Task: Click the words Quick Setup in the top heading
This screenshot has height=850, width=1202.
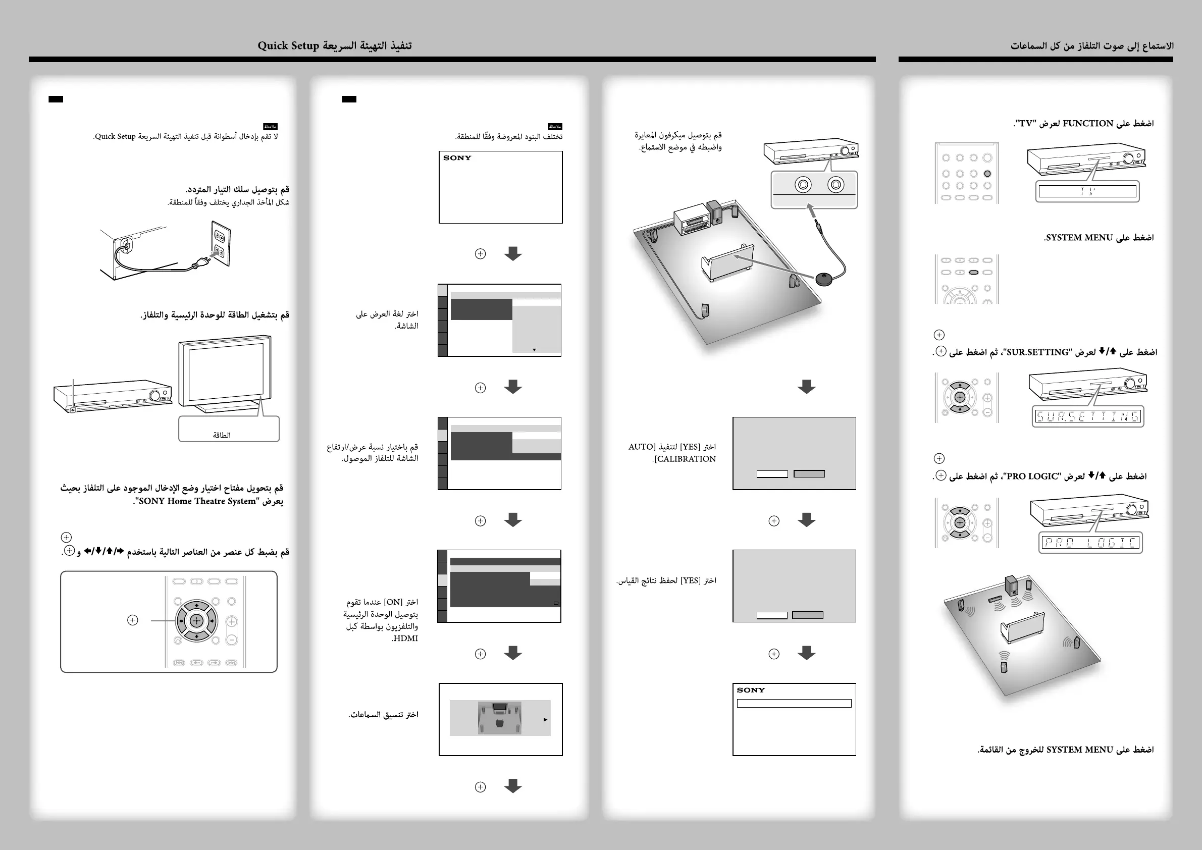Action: pyautogui.click(x=288, y=45)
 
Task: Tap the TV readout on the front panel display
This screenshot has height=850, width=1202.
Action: pyautogui.click(x=1087, y=192)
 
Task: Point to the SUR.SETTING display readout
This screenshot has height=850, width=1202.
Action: pyautogui.click(x=1087, y=416)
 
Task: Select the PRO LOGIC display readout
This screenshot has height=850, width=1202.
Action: pyautogui.click(x=1090, y=543)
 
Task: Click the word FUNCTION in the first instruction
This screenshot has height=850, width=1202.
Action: pyautogui.click(x=1087, y=124)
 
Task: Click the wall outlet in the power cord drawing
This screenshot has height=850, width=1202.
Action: pyautogui.click(x=221, y=243)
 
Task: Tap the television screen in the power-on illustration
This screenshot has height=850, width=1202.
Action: pyautogui.click(x=226, y=372)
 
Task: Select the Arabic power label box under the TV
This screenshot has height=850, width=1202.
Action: pyautogui.click(x=228, y=429)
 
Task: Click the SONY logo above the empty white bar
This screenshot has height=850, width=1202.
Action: pyautogui.click(x=751, y=690)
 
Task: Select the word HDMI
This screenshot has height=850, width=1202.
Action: pyautogui.click(x=405, y=639)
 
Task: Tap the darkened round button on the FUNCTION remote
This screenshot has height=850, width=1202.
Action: pyautogui.click(x=987, y=174)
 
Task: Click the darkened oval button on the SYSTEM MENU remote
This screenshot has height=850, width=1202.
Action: pyautogui.click(x=974, y=272)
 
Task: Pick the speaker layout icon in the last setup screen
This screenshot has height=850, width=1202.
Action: pyautogui.click(x=499, y=718)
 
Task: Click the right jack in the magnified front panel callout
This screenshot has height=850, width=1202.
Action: pyautogui.click(x=835, y=185)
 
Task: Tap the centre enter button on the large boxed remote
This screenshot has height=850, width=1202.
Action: pyautogui.click(x=196, y=621)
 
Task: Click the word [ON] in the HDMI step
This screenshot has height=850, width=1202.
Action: pyautogui.click(x=393, y=602)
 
